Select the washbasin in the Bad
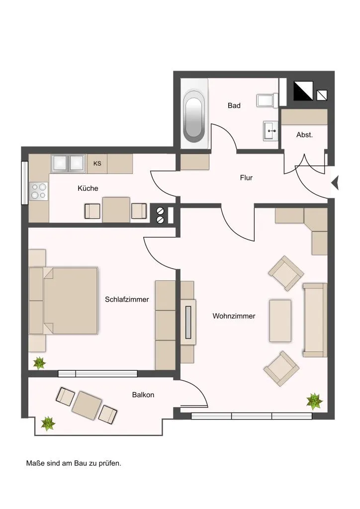(x=270, y=131)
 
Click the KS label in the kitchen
(x=97, y=164)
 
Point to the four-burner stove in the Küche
(x=39, y=191)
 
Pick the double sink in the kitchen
(x=69, y=164)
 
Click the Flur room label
(x=247, y=177)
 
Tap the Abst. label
(x=304, y=135)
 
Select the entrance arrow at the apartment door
(x=335, y=182)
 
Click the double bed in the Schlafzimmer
(x=63, y=301)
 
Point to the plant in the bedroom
(x=39, y=362)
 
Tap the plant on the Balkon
(x=48, y=424)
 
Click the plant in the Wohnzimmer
(x=314, y=401)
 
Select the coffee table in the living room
(x=280, y=321)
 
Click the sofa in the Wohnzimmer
(x=315, y=320)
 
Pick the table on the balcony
(x=87, y=406)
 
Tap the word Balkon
(x=143, y=395)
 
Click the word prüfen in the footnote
(x=109, y=463)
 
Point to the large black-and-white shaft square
(x=303, y=91)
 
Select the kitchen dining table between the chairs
(x=116, y=210)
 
